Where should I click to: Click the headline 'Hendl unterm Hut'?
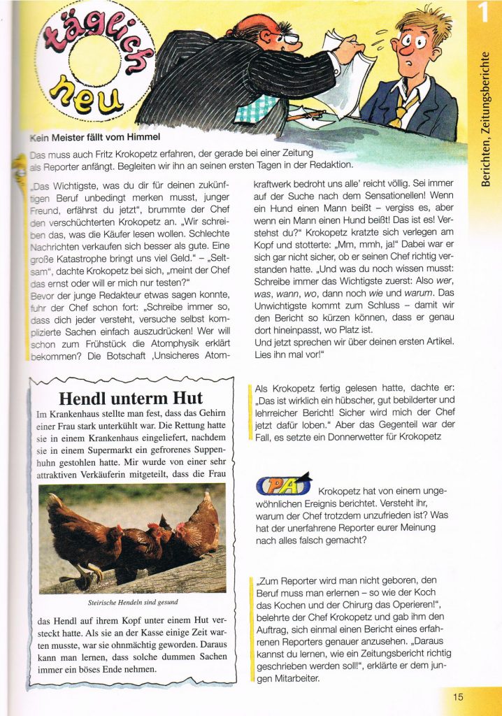click(x=131, y=399)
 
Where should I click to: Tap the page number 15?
click(x=458, y=696)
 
